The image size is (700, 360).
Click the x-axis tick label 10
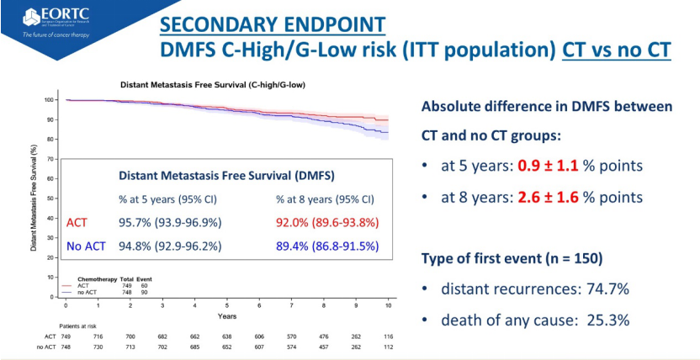pyautogui.click(x=388, y=304)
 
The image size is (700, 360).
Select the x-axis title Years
pyautogui.click(x=226, y=316)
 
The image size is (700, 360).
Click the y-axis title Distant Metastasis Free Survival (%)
pyautogui.click(x=34, y=199)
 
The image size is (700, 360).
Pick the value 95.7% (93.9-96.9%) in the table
pyautogui.click(x=166, y=222)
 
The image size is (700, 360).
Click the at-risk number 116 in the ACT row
pyautogui.click(x=388, y=336)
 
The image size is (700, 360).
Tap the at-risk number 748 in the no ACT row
pyautogui.click(x=66, y=347)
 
